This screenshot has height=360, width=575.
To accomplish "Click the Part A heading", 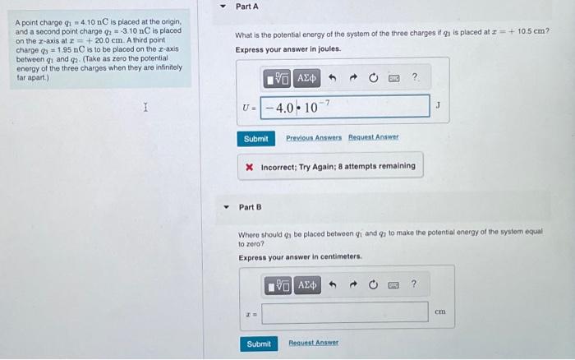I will coord(246,7).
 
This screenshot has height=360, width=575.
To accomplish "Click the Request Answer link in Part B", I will coord(313,343).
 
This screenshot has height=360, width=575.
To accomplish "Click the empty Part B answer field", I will coord(345,312).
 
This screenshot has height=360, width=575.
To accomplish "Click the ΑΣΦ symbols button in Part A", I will coord(306,78).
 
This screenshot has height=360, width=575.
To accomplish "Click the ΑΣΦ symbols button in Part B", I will coord(307,284).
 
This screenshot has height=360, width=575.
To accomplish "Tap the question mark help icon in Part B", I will coord(413,284).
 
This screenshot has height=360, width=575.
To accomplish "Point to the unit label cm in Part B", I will coord(439,312).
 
